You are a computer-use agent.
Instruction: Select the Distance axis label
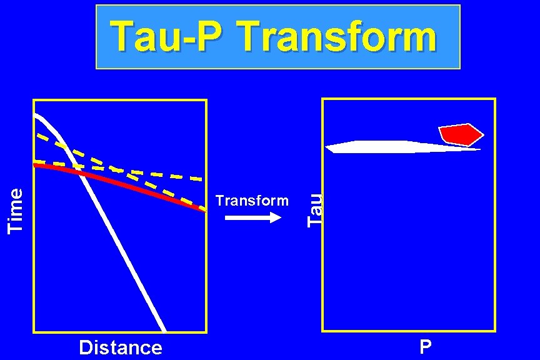pos(121,347)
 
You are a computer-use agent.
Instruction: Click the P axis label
pos(425,347)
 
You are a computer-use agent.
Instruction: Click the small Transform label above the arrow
pos(252,201)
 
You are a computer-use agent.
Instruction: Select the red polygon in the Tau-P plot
pos(459,134)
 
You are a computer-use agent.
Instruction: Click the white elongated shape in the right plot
pos(387,147)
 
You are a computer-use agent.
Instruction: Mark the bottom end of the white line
pos(164,329)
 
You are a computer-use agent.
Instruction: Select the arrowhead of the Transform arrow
pos(276,217)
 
